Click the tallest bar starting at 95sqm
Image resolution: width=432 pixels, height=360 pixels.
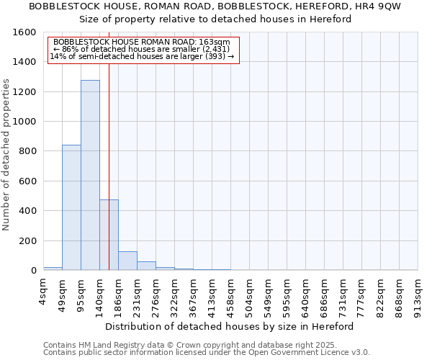pyautogui.click(x=90, y=175)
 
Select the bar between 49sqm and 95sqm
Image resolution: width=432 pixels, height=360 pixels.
pyautogui.click(x=71, y=207)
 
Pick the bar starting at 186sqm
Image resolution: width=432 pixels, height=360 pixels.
pyautogui.click(x=127, y=261)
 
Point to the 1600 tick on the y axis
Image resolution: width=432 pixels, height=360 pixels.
pyautogui.click(x=24, y=32)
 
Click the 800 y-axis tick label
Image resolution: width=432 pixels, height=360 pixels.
pyautogui.click(x=27, y=151)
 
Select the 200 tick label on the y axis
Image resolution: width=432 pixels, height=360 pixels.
pyautogui.click(x=27, y=240)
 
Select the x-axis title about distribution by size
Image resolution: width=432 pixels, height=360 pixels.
pyautogui.click(x=234, y=326)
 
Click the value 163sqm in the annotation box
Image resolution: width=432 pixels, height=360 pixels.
pyautogui.click(x=218, y=42)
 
